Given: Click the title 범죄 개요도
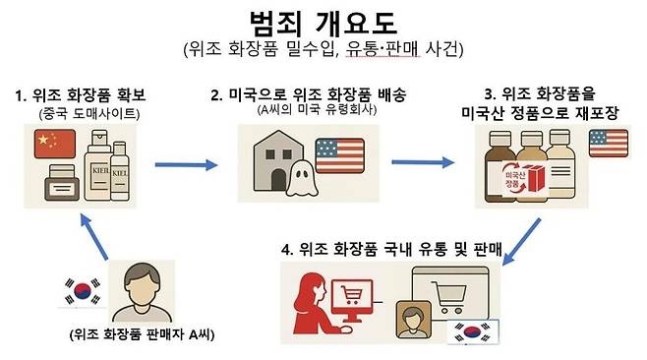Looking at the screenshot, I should pyautogui.click(x=323, y=23).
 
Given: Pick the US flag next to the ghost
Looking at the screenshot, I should pyautogui.click(x=339, y=156).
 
